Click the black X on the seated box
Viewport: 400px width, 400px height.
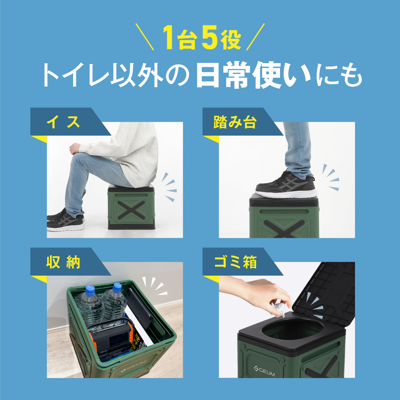coord(131,210)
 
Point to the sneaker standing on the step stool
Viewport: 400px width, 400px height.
coord(286,186)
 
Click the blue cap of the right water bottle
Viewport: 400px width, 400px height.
coord(117,287)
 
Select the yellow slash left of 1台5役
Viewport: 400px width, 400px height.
coord(145,37)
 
